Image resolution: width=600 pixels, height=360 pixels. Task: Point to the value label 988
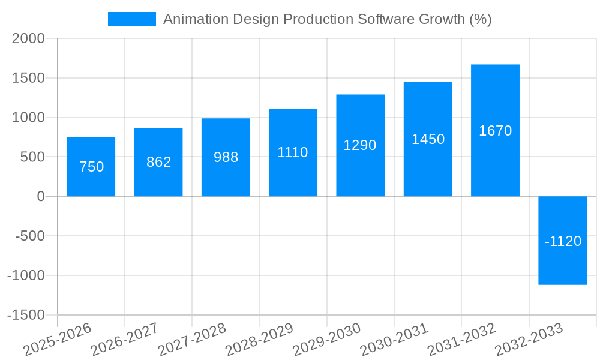[x=226, y=157]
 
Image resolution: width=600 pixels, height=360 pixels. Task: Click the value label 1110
[x=293, y=152]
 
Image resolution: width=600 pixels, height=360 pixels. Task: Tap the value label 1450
[x=428, y=139]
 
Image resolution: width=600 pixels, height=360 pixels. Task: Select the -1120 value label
[x=563, y=241]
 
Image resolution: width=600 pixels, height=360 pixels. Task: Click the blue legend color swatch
[x=131, y=19]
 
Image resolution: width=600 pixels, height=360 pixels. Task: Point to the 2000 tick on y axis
[x=29, y=38]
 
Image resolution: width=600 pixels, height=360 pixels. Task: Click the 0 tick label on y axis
[x=41, y=196]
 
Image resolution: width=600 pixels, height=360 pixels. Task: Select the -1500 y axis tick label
[x=26, y=315]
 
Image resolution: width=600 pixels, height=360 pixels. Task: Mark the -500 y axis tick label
[x=30, y=236]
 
